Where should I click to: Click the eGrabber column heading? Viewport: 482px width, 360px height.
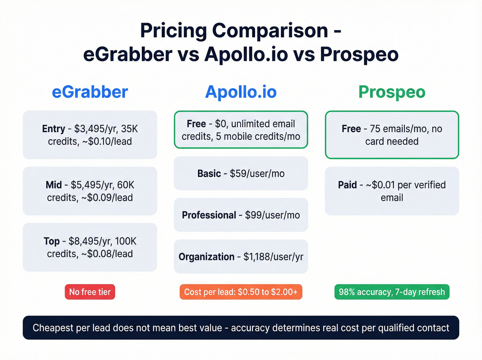pos(90,92)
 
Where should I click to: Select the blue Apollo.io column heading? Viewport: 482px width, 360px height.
pos(241,92)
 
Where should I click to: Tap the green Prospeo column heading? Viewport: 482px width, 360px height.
pos(392,92)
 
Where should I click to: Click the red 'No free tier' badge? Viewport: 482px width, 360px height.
pos(90,292)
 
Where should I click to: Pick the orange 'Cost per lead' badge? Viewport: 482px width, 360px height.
pos(241,292)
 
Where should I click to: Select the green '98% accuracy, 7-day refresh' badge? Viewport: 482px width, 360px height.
pos(392,292)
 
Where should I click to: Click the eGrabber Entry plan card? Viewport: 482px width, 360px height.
pos(90,135)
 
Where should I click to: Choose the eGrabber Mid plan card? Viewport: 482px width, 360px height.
pos(90,191)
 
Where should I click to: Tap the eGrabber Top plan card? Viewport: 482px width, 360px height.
pos(90,247)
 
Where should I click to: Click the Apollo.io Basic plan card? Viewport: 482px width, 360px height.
pos(241,173)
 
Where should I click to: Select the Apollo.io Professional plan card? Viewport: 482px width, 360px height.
pos(241,215)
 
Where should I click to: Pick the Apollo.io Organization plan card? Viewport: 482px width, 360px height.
pos(241,257)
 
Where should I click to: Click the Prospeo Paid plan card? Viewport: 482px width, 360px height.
pos(392,191)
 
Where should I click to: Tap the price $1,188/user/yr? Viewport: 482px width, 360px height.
pos(273,257)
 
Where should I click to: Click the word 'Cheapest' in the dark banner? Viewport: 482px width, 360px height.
pos(53,328)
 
